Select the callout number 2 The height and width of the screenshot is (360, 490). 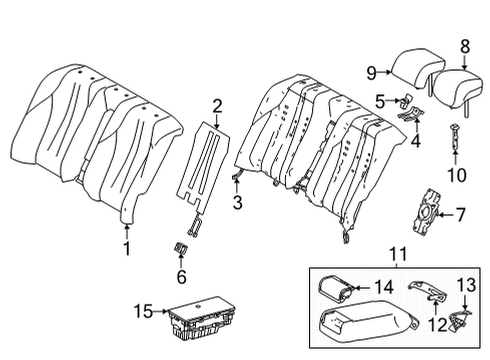click(x=217, y=103)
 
